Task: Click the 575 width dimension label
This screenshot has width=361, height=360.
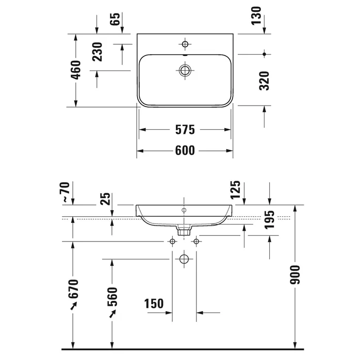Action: tap(185, 130)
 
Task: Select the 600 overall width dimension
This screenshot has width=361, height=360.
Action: tap(185, 150)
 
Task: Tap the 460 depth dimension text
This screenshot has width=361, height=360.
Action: tap(76, 70)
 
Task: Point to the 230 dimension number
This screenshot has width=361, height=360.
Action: tap(97, 52)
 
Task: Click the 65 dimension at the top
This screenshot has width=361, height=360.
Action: tap(115, 19)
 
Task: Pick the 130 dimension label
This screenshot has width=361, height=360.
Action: tap(256, 15)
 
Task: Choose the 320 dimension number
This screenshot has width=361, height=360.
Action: tap(264, 81)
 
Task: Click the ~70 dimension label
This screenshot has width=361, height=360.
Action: tap(64, 192)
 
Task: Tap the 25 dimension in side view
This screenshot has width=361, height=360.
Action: tap(105, 199)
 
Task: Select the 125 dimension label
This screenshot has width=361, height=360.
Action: tap(235, 190)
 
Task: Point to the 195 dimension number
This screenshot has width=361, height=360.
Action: tap(269, 220)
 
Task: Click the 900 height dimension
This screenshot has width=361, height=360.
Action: tap(295, 275)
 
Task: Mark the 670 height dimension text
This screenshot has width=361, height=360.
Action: tap(73, 289)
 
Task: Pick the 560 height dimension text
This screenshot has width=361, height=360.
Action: tap(112, 297)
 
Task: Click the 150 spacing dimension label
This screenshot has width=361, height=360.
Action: tap(154, 303)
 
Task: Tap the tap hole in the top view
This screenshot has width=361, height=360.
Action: tap(185, 44)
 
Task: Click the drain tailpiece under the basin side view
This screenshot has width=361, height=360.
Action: tap(184, 230)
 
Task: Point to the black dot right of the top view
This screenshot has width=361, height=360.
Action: tap(264, 54)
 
